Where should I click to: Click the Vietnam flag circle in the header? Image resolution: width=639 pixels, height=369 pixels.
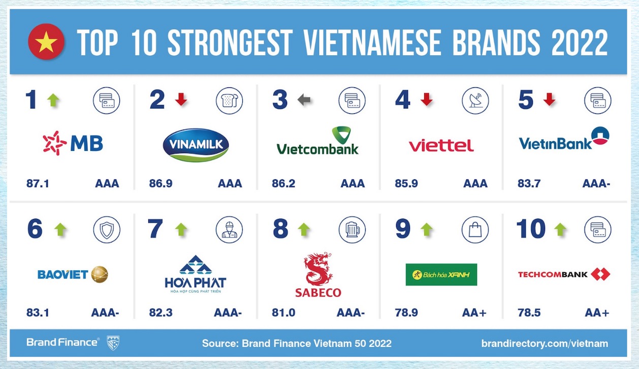pos(46,42)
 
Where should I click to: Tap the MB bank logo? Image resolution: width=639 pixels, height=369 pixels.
pos(73,143)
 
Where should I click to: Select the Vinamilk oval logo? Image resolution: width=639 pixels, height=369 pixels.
pos(196,145)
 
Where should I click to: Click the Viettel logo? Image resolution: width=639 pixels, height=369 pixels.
pos(441,145)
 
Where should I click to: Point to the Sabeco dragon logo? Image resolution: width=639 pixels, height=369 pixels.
pos(318,275)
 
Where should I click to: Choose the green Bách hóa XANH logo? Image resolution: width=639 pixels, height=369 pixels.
pos(441,274)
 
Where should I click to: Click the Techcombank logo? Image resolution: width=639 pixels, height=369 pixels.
pos(564,274)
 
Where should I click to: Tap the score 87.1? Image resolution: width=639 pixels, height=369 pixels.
pos(38,183)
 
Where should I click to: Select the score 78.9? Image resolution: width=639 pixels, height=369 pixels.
pos(406,313)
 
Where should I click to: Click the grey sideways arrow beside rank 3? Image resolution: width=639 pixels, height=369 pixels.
pos(304,100)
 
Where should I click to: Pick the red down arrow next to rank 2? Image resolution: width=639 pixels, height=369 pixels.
pos(181,99)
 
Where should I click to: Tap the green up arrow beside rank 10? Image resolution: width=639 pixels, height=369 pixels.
pos(560,229)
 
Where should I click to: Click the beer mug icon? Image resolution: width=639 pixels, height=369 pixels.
pos(352,230)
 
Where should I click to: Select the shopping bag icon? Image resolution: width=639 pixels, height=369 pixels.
pos(475,230)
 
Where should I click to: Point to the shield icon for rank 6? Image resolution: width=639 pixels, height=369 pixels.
pos(107,230)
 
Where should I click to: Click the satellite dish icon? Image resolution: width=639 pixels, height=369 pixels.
pos(475,101)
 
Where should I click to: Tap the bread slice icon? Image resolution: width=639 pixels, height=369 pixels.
pos(230,101)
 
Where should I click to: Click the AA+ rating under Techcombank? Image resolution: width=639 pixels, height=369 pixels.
pos(597,313)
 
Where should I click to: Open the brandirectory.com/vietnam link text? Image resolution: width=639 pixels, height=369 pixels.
pos(545,343)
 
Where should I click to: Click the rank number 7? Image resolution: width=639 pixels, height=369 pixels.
pos(155,229)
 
